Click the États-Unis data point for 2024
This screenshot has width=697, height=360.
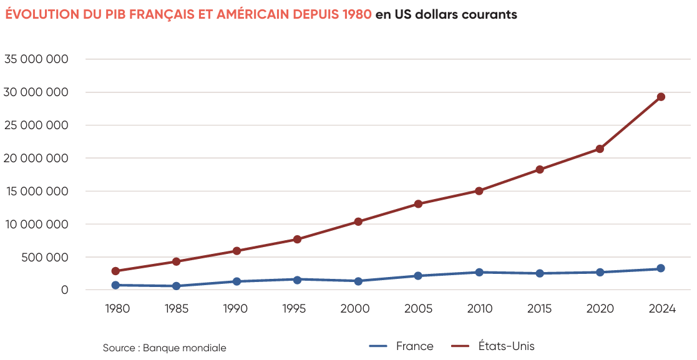661,97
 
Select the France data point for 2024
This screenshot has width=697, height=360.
661,268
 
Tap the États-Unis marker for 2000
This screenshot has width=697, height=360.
358,221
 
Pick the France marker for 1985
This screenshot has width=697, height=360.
177,286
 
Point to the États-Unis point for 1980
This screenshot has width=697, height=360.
115,271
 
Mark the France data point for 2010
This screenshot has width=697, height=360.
479,272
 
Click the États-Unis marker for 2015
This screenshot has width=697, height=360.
540,170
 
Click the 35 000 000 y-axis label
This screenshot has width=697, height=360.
36,59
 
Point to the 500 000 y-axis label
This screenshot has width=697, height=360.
44,257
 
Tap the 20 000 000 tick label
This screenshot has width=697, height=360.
36,158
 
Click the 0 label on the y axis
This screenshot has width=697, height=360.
64,290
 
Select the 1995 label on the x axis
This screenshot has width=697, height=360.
297,309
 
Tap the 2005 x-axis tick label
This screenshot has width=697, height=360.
419,309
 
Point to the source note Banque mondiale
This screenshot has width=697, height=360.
184,348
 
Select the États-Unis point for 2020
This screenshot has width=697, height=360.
600,149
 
